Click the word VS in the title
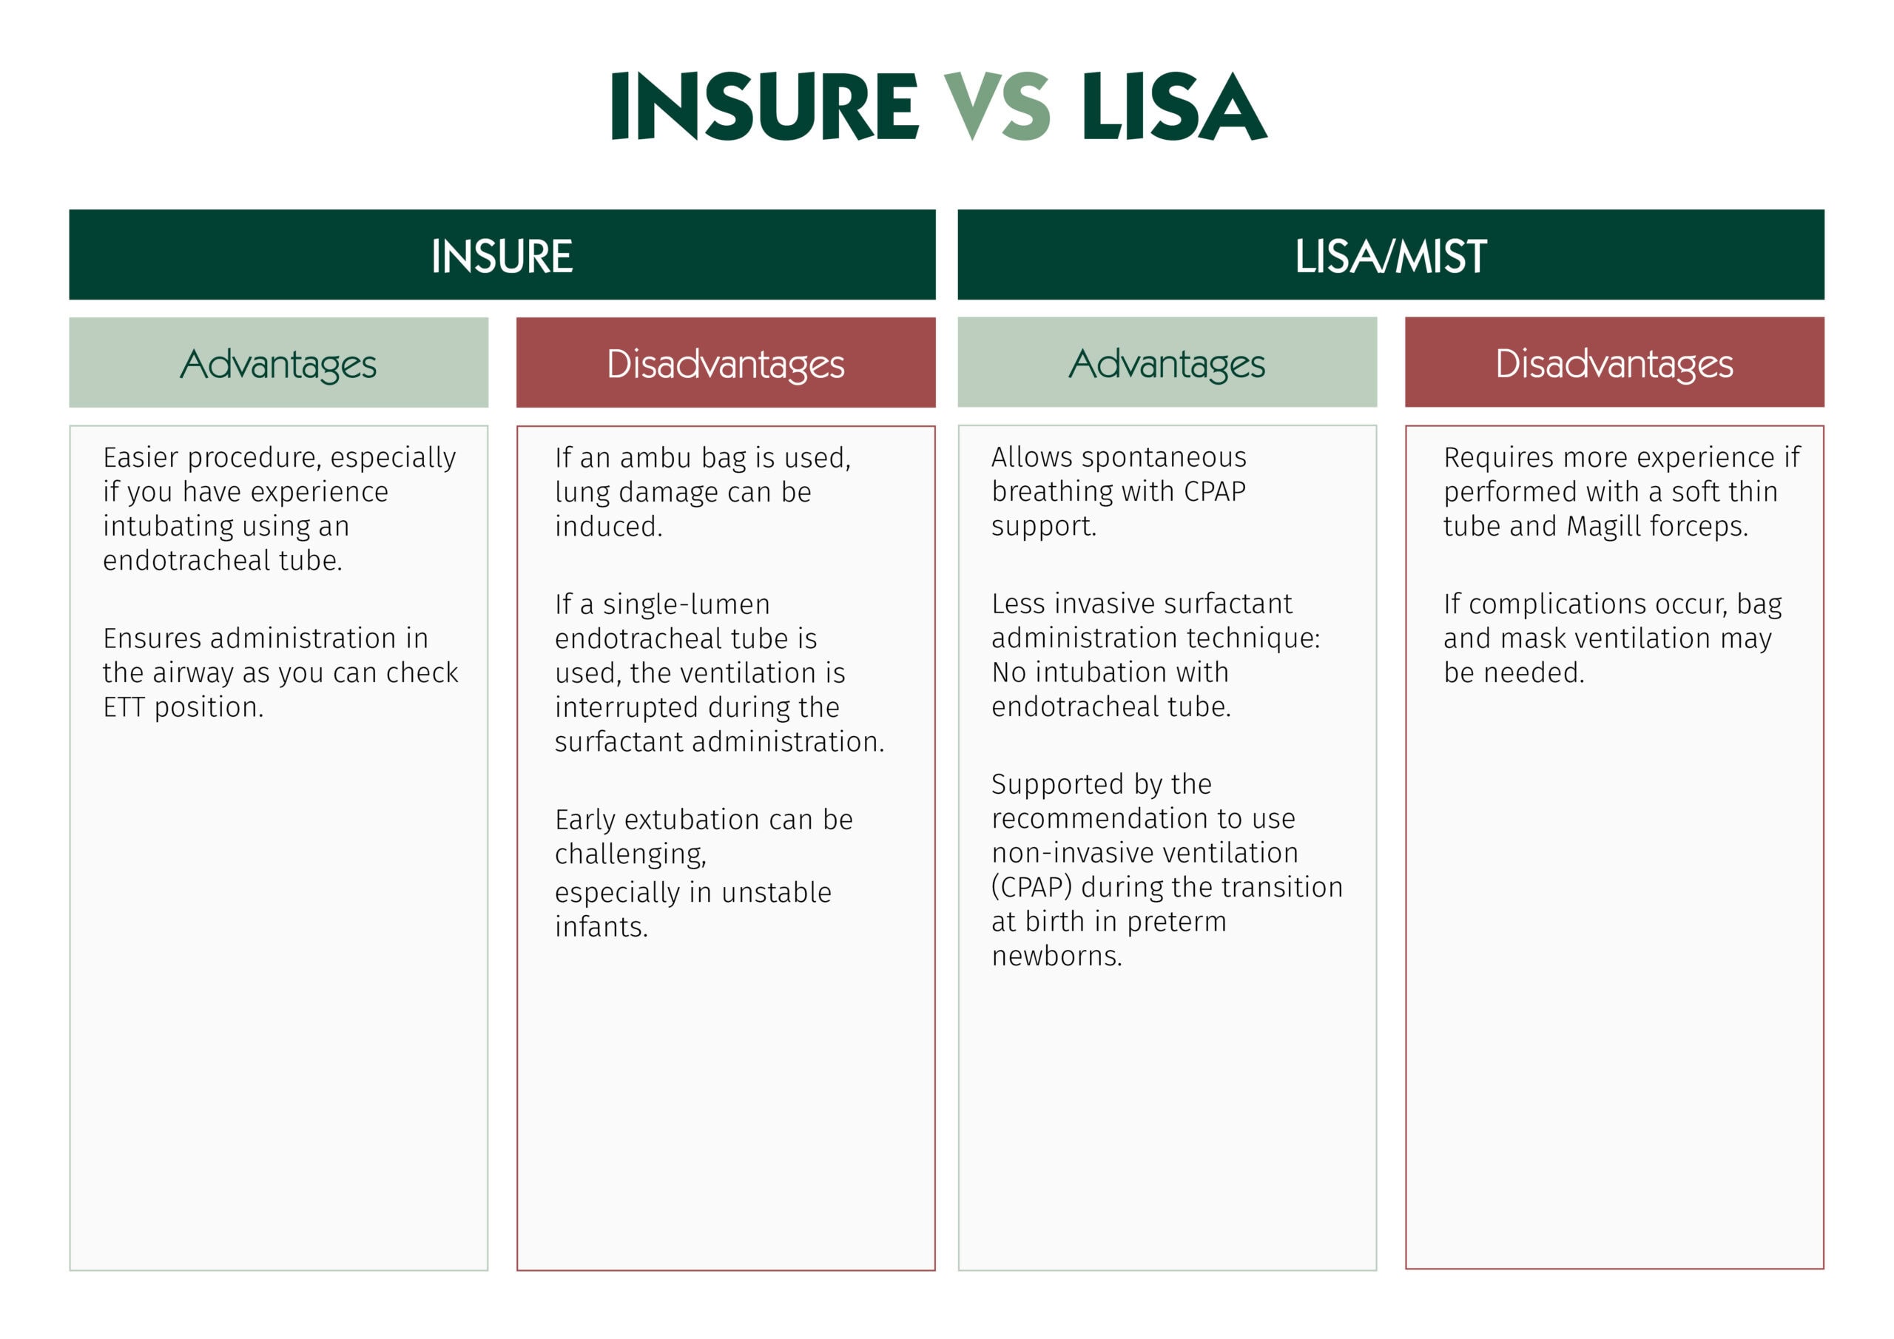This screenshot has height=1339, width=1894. [x=997, y=107]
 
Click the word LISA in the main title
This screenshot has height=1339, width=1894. [x=1174, y=107]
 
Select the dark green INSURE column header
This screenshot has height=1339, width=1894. [x=502, y=256]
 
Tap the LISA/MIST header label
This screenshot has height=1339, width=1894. [x=1391, y=256]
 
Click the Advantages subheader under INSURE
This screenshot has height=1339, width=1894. [x=279, y=364]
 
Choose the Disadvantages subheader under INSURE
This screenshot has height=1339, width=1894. [x=726, y=364]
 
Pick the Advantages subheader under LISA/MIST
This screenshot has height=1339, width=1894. [x=1167, y=364]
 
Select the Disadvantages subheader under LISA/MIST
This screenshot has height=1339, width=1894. [x=1614, y=364]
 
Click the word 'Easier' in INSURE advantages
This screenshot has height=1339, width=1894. [x=141, y=457]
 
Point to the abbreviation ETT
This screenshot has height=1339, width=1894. [x=124, y=707]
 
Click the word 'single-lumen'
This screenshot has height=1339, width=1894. [x=687, y=604]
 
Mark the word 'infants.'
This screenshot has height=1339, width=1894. [x=601, y=926]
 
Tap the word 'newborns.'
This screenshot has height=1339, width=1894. [x=1056, y=955]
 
